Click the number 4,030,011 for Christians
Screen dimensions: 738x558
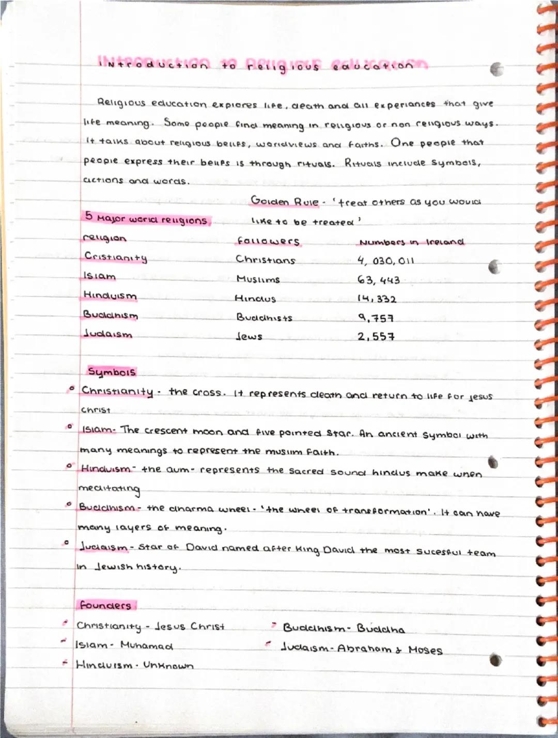[385, 261]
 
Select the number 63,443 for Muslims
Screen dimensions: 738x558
[378, 280]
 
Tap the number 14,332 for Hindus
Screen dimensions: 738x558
[377, 299]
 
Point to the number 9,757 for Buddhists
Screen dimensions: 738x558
[376, 318]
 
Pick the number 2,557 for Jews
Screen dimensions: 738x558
[376, 337]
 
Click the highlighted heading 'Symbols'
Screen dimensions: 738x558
[112, 372]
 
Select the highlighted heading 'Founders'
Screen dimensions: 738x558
[105, 605]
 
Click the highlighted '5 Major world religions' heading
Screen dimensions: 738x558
[147, 219]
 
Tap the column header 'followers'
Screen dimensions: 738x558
[268, 241]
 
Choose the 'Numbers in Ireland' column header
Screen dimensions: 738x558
[411, 242]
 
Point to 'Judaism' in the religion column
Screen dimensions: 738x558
[107, 334]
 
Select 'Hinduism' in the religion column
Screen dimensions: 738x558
[110, 296]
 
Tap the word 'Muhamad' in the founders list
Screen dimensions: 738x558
[147, 646]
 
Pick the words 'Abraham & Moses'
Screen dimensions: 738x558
[390, 649]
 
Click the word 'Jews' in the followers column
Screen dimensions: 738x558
[249, 337]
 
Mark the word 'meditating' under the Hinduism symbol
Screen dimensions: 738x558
[109, 488]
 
